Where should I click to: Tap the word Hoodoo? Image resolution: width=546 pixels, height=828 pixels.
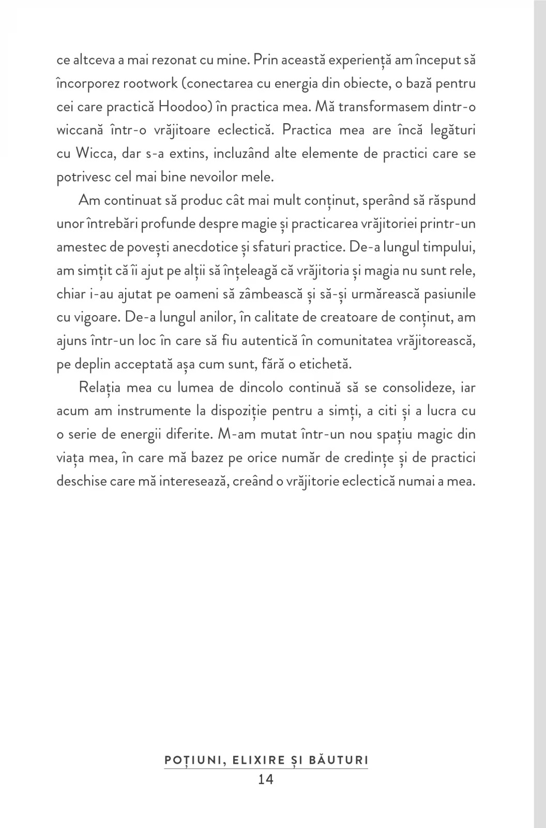[x=182, y=107]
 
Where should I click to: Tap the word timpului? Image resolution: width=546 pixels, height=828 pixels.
[x=449, y=247]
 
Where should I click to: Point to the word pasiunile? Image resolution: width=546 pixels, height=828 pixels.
[x=449, y=294]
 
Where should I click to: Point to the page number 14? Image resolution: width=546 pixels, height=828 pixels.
[x=266, y=779]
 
